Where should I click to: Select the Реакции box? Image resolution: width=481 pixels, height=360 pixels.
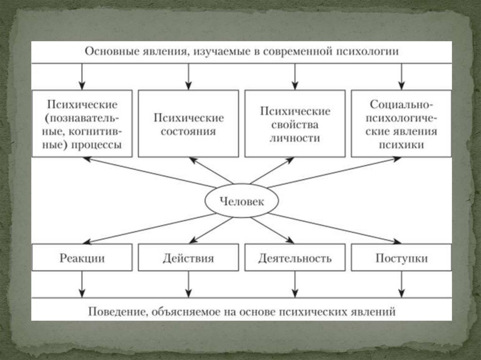(82, 258)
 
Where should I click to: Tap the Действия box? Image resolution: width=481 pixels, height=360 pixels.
(188, 258)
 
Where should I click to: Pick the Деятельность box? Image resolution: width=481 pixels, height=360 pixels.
(295, 258)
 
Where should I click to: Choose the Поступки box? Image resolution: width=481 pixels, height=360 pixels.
(402, 258)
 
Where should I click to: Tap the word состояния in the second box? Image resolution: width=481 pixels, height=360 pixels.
(188, 131)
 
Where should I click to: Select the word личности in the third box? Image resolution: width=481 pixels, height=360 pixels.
(295, 138)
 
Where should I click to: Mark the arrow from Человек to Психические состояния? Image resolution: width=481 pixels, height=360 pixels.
(211, 170)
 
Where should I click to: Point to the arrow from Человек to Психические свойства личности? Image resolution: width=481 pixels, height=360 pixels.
(272, 170)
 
